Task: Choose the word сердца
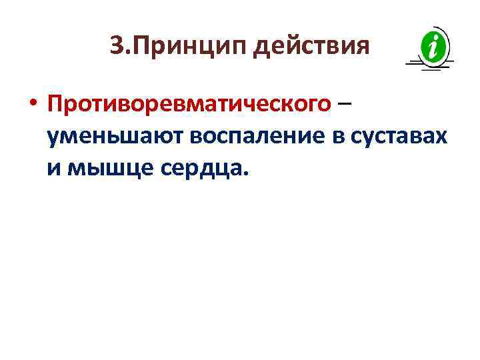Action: (201, 168)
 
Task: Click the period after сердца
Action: (245, 175)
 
